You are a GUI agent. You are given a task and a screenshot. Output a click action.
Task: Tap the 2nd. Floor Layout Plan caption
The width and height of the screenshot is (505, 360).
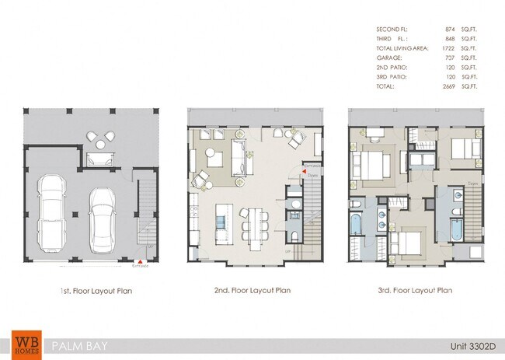point(252,290)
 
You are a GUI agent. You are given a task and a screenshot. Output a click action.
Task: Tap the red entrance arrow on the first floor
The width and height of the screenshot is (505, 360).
point(139,262)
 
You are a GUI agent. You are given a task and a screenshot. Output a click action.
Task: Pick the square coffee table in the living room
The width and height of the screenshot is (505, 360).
point(217,159)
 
